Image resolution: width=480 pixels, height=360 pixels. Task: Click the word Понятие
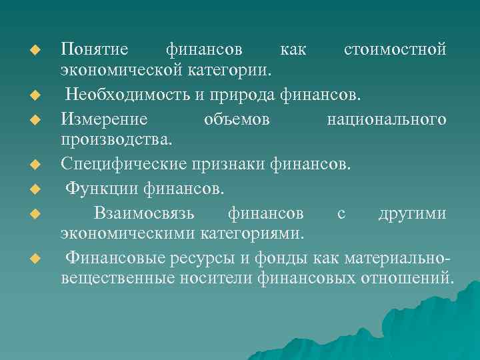point(94,50)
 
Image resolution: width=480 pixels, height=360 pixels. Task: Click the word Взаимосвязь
point(144,214)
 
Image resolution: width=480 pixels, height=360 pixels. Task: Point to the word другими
point(411,214)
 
